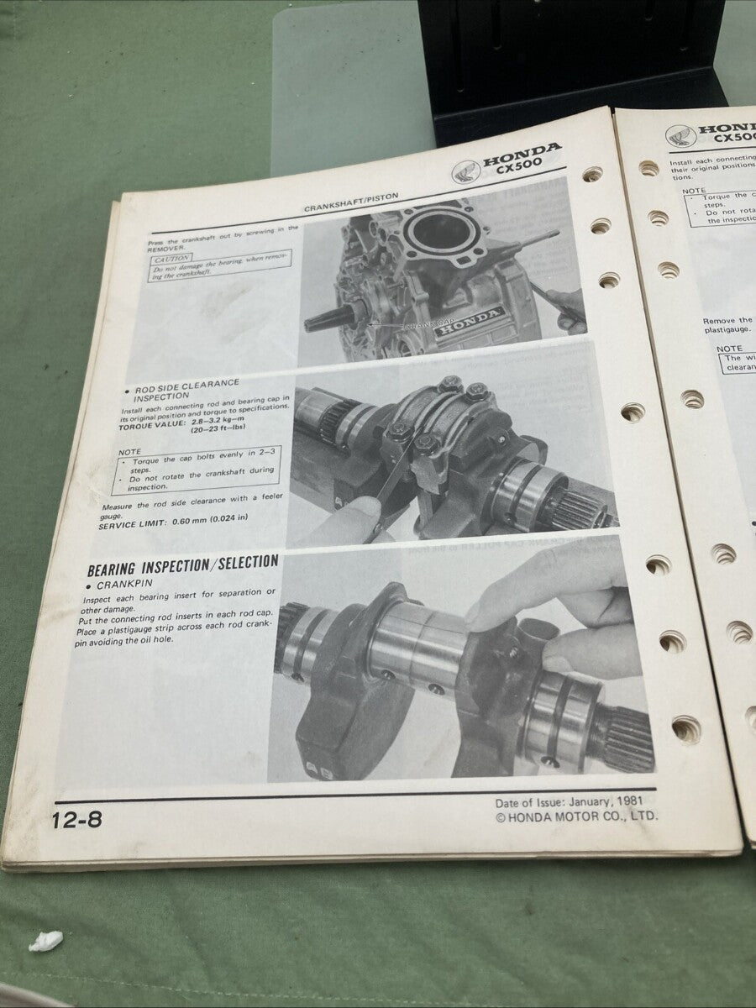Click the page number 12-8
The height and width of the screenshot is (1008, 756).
coord(76,820)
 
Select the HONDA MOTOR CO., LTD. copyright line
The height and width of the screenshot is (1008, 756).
coord(577,816)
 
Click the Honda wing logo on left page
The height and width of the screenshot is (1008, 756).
coord(465,171)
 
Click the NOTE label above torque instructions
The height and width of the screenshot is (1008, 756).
coord(128,452)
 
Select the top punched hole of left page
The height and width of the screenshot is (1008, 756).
coord(592,175)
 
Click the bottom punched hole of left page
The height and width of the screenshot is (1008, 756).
coord(685,727)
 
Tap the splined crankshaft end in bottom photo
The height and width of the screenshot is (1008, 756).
coord(622,739)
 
